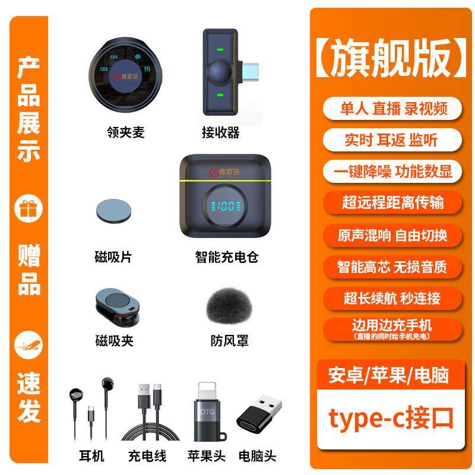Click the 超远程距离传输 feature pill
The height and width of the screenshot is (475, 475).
pyautogui.click(x=392, y=202)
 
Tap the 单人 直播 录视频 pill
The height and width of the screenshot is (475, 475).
pyautogui.click(x=392, y=109)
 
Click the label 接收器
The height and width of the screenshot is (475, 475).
pyautogui.click(x=221, y=132)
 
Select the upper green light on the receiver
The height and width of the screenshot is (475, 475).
pyautogui.click(x=220, y=50)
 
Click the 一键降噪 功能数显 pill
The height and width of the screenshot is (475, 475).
pyautogui.click(x=392, y=171)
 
